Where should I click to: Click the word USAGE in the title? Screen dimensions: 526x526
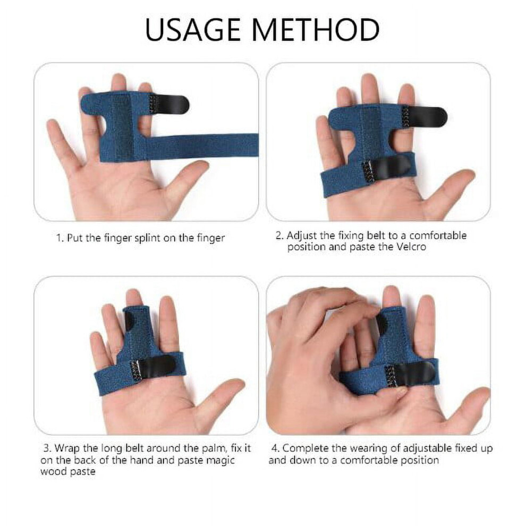[192, 30]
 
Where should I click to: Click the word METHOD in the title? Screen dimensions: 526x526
[315, 30]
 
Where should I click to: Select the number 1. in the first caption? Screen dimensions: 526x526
[60, 238]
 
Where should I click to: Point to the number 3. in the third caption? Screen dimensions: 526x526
[47, 448]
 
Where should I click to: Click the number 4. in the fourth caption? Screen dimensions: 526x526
[275, 448]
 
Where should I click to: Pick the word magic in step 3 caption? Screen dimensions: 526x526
[220, 460]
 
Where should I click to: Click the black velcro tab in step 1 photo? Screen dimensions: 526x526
[169, 104]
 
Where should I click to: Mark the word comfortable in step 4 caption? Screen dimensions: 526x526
[372, 460]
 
